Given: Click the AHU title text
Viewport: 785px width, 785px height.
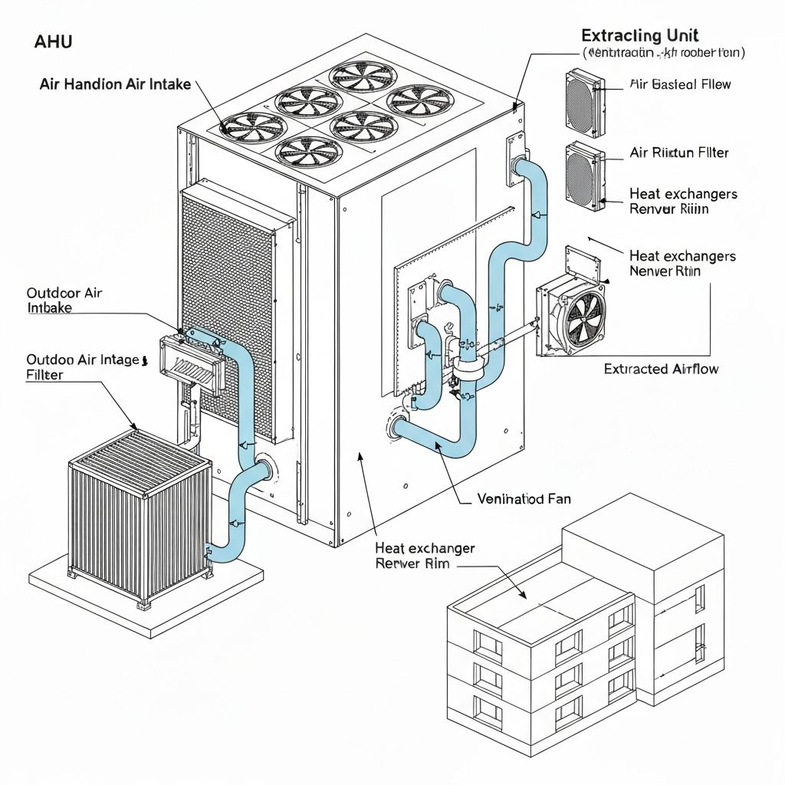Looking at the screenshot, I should click(53, 42).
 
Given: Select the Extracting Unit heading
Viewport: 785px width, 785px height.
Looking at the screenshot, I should click(639, 35).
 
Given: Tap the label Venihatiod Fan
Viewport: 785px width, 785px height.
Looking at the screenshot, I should click(524, 499).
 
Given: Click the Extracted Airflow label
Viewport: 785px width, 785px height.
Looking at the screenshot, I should click(661, 370).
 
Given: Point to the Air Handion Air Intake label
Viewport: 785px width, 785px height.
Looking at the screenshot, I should click(115, 84).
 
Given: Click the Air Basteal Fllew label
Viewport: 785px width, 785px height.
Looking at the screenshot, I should click(679, 84).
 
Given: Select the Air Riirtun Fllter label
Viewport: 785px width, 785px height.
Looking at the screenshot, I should click(678, 153).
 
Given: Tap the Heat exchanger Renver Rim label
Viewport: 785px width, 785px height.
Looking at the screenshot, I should click(424, 556).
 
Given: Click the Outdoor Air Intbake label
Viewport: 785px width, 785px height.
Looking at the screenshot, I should click(64, 301).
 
